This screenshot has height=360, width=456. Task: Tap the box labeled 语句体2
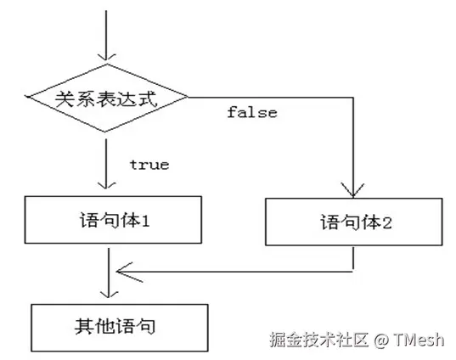[354, 223]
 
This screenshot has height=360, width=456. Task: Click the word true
[149, 164]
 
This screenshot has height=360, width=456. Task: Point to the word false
[252, 112]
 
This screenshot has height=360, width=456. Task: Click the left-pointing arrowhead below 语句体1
[124, 272]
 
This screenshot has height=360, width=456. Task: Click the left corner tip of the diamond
[27, 98]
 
